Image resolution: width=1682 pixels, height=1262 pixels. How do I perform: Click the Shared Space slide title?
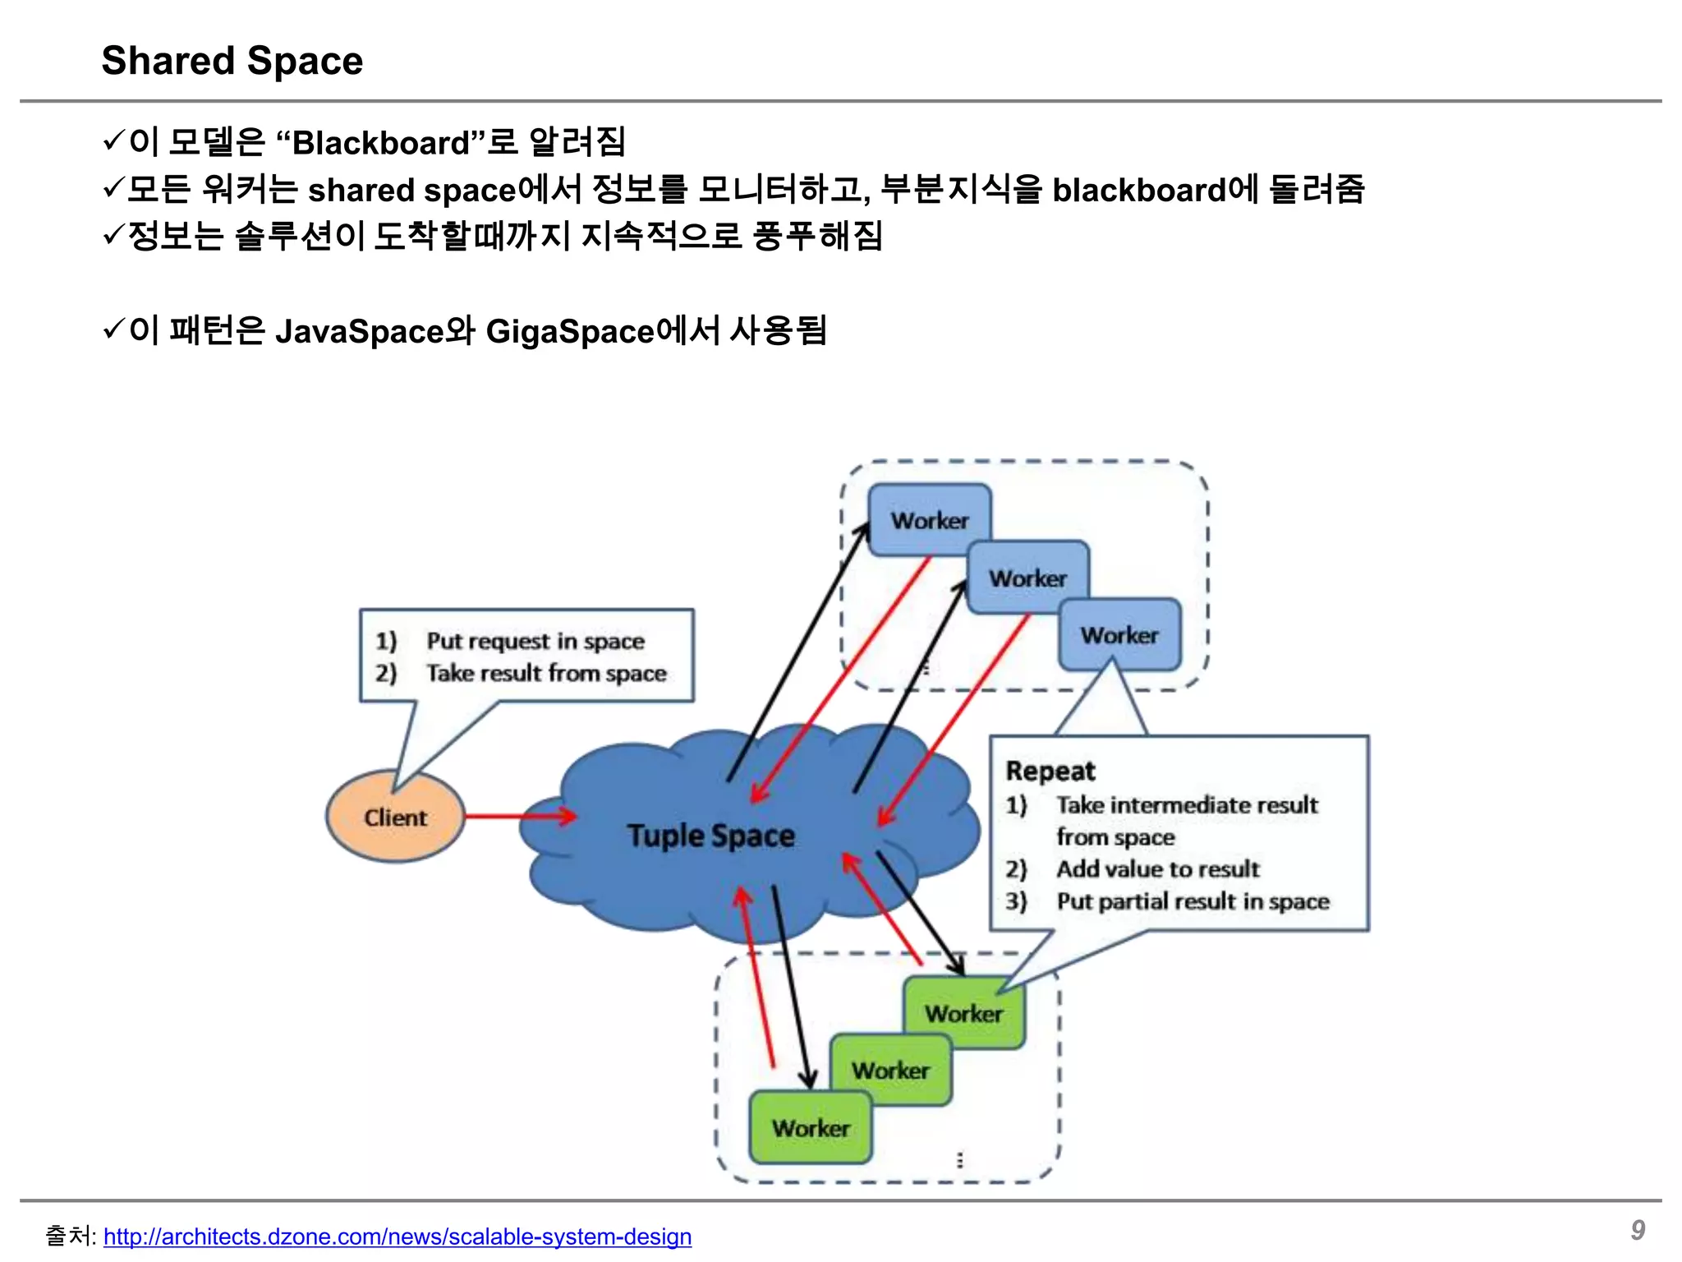(232, 61)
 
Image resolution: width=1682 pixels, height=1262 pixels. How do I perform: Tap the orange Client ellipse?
(395, 817)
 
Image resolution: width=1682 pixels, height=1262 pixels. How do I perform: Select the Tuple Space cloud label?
(711, 836)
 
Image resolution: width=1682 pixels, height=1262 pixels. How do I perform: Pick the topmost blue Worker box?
(929, 519)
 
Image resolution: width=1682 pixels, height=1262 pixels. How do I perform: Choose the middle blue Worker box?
(1027, 578)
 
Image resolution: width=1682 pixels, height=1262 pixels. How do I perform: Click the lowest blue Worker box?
(1119, 634)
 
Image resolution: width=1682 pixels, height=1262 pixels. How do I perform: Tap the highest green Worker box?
(963, 1013)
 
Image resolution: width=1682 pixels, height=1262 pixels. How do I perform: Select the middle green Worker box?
(890, 1070)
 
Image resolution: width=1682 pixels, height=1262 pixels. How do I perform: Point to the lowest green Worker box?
(811, 1127)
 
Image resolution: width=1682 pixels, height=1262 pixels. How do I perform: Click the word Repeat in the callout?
(1050, 771)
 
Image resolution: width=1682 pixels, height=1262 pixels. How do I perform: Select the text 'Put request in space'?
(535, 640)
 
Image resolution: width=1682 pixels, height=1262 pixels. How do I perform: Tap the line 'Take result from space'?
(546, 673)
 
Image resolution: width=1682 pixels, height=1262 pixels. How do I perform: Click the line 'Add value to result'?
(1157, 868)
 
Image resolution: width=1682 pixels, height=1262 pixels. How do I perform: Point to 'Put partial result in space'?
(1193, 901)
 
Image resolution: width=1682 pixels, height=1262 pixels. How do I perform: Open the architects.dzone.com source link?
(398, 1236)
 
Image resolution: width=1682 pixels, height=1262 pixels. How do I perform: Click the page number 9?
(1638, 1229)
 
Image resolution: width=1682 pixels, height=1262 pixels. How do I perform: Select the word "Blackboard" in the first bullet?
(380, 143)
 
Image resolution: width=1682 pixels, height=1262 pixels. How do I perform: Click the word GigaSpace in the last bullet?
(570, 332)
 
